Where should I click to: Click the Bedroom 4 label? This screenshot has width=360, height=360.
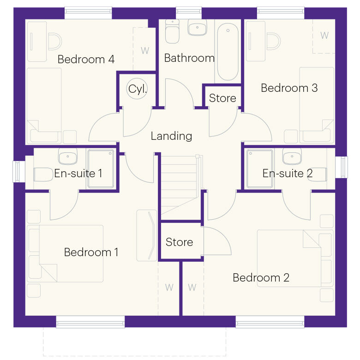pos(86,59)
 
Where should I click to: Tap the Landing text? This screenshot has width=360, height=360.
pos(171,136)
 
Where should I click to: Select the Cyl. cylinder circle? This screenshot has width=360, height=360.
pos(137,89)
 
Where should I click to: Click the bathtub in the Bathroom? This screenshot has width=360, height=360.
pos(228,52)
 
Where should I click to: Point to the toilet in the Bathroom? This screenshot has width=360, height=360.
pos(172,31)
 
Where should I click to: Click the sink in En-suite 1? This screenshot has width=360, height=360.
pos(68,156)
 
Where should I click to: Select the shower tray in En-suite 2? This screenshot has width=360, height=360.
pos(260,168)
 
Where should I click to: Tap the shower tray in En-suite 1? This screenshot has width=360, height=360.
pos(101,168)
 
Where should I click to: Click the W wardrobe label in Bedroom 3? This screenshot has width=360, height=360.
pos(324,36)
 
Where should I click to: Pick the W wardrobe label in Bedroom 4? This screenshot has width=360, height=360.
pos(145,50)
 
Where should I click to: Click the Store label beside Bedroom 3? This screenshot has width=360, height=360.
pos(222,98)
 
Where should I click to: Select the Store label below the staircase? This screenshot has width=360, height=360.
pos(180,242)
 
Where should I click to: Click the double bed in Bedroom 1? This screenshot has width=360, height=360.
pos(65,253)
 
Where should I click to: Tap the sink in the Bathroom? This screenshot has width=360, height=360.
pos(198,27)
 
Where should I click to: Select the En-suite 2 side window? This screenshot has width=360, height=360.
pos(342,167)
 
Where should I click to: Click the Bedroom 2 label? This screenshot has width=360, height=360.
pos(261,277)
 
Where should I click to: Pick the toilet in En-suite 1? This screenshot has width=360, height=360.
pos(43,175)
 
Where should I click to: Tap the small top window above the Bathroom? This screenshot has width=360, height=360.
pos(189,13)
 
